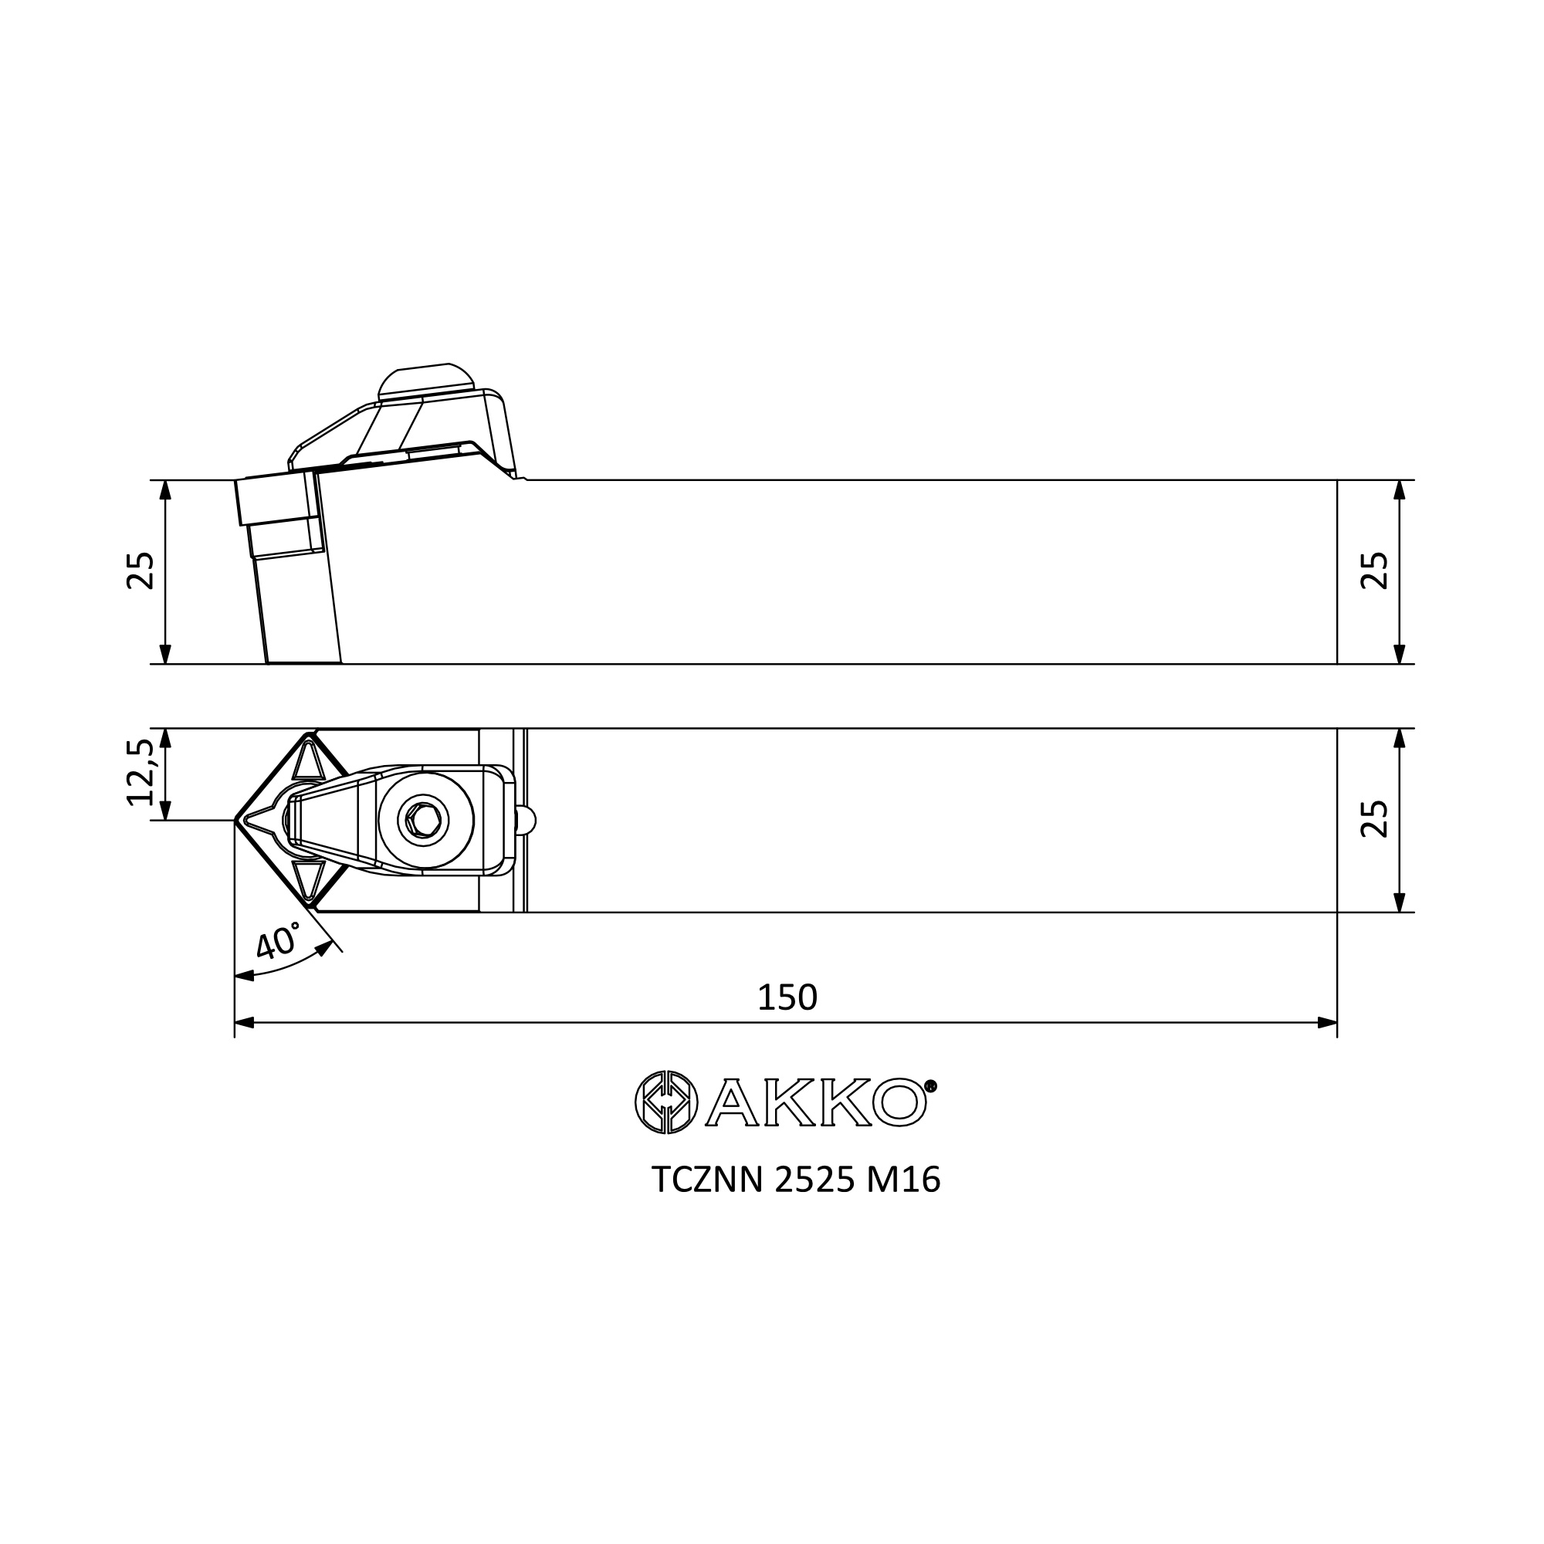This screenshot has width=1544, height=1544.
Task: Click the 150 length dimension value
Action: point(787,997)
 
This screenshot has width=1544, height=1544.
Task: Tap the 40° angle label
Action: point(278,941)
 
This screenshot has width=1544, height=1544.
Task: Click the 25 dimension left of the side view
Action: point(140,571)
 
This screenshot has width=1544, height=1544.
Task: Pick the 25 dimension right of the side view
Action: point(1375,571)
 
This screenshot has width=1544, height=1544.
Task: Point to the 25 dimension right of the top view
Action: point(1375,819)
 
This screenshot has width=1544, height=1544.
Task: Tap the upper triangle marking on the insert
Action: point(309,760)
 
